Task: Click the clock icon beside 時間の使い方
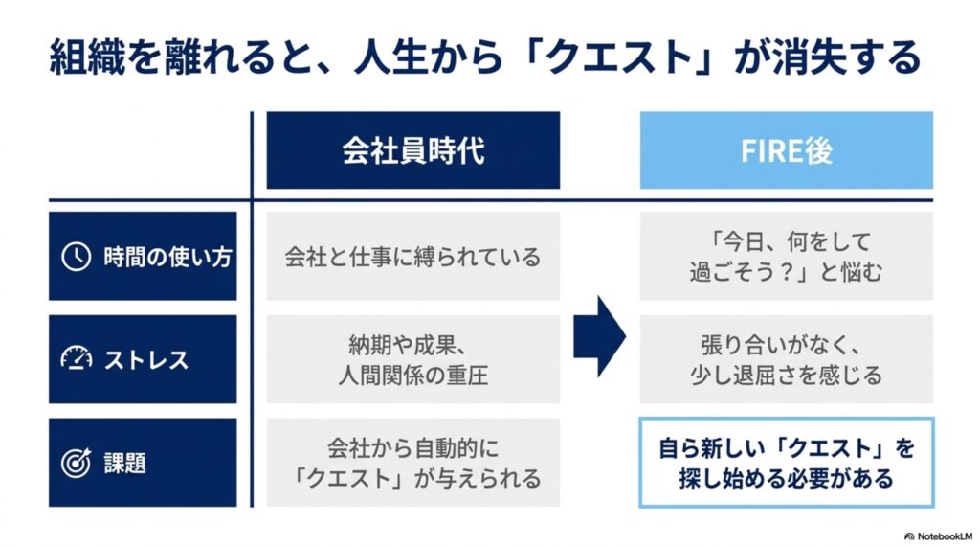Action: pyautogui.click(x=76, y=257)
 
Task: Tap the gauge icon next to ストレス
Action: pyautogui.click(x=77, y=358)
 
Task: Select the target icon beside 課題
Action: pyautogui.click(x=76, y=463)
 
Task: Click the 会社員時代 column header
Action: pyautogui.click(x=413, y=150)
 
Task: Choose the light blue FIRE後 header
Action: pyautogui.click(x=787, y=150)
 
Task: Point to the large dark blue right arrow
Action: pyautogui.click(x=599, y=336)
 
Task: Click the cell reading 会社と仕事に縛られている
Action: pyautogui.click(x=413, y=256)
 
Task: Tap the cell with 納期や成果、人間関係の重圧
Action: pyautogui.click(x=413, y=359)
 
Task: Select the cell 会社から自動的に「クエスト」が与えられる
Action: pyautogui.click(x=413, y=463)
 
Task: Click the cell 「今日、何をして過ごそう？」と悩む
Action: pyautogui.click(x=787, y=256)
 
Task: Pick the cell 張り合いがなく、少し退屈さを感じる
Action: pyautogui.click(x=787, y=359)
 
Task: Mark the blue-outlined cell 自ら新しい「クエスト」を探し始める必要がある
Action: pyautogui.click(x=787, y=463)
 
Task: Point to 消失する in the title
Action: pyautogui.click(x=847, y=57)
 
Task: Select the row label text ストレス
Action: pyautogui.click(x=146, y=360)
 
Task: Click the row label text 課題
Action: pyautogui.click(x=125, y=463)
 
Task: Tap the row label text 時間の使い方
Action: pyautogui.click(x=168, y=257)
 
